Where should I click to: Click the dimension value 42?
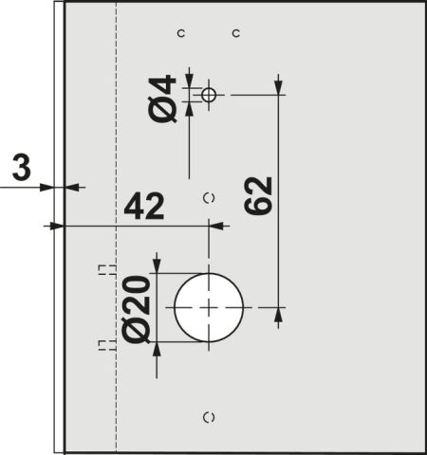coord(144,207)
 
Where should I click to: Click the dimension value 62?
coord(258,196)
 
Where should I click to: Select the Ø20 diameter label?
coord(136,310)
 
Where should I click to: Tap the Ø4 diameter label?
coord(162,99)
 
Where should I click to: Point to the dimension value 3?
coord(22,169)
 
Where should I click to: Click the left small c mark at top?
coord(181,33)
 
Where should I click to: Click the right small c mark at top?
coord(235,33)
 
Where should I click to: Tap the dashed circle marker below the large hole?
coord(209,418)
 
